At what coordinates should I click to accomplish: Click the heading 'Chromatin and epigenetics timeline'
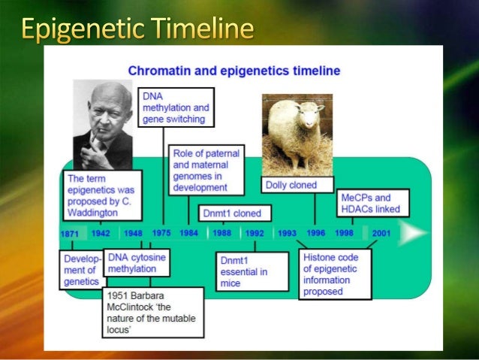click(233, 71)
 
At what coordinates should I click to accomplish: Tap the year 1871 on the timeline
click(69, 234)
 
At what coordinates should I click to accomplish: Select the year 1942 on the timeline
click(101, 234)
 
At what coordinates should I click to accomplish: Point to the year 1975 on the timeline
click(161, 233)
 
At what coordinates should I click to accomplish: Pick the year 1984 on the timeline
click(188, 233)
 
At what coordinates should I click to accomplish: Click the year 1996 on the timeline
click(315, 233)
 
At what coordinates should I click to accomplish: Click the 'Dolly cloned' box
click(291, 185)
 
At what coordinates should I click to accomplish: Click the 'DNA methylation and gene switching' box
click(176, 107)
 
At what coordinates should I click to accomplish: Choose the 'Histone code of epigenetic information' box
click(335, 274)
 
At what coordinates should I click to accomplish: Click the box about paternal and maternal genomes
click(206, 170)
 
